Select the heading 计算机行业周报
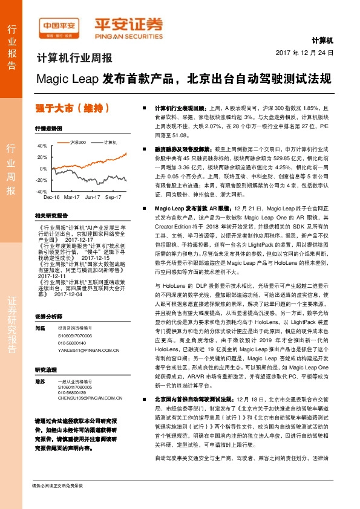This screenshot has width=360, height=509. coord(74,59)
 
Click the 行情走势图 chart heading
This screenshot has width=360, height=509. coord(49,129)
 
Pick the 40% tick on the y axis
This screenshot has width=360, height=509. coord(41,146)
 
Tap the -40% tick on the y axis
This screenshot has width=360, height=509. coord(41,191)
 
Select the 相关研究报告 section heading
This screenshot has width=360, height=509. coord(51,215)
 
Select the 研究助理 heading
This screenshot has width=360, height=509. coord(47,369)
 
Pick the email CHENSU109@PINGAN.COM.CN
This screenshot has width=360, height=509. coord(90,398)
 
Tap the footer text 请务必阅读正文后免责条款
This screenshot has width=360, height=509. coord(57,502)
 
